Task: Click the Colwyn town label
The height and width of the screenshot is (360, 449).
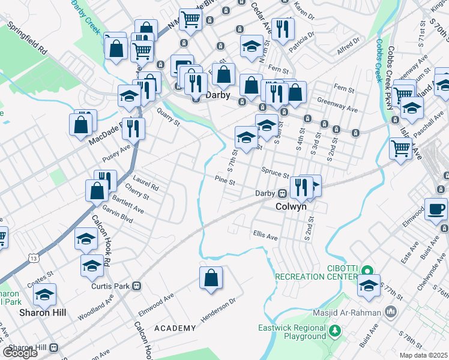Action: click(x=291, y=206)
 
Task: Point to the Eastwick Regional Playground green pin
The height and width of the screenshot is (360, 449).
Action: click(x=336, y=329)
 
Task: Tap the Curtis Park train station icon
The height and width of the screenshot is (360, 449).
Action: click(x=137, y=286)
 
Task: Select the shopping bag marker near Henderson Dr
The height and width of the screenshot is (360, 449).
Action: click(x=211, y=278)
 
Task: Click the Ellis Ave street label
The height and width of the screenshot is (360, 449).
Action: click(x=265, y=236)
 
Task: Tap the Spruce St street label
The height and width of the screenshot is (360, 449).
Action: click(x=275, y=172)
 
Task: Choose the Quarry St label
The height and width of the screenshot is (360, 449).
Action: click(x=167, y=118)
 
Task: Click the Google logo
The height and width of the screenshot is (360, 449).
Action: click(x=20, y=353)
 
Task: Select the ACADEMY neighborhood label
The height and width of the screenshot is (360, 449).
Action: click(x=175, y=328)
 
